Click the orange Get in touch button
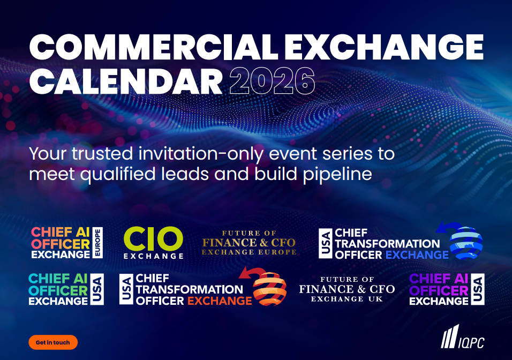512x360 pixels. pyautogui.click(x=53, y=342)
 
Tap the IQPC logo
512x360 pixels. pyautogui.click(x=462, y=336)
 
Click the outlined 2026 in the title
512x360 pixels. pyautogui.click(x=272, y=81)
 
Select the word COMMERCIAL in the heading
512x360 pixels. pyautogui.click(x=154, y=47)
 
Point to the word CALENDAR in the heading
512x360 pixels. pyautogui.click(x=126, y=81)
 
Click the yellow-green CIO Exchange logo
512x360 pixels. pyautogui.click(x=154, y=243)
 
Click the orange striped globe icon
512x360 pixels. pyautogui.click(x=269, y=288)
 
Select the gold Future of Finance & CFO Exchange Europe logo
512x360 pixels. pyautogui.click(x=249, y=243)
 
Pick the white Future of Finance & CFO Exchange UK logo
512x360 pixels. pyautogui.click(x=347, y=289)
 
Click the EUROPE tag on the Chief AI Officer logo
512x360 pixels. pyautogui.click(x=97, y=243)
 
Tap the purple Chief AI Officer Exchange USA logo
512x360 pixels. pyautogui.click(x=447, y=289)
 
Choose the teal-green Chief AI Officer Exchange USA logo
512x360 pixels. pyautogui.click(x=66, y=289)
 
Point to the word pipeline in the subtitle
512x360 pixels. pyautogui.click(x=337, y=174)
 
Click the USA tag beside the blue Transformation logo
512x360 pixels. pyautogui.click(x=326, y=243)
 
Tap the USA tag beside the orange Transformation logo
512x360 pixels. pyautogui.click(x=126, y=289)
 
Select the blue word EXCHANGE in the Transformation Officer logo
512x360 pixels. pyautogui.click(x=417, y=255)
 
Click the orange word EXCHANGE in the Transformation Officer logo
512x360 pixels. pyautogui.click(x=220, y=301)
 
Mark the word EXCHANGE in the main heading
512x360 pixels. pyautogui.click(x=384, y=47)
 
